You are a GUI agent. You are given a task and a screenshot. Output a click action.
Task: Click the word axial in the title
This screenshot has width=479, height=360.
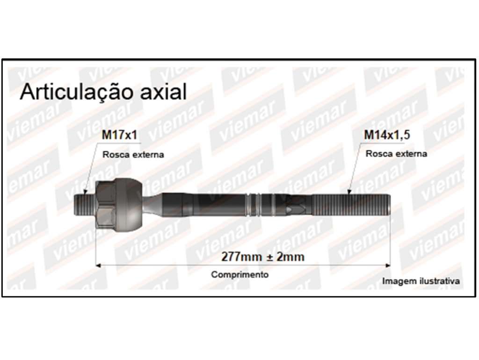tap(163, 92)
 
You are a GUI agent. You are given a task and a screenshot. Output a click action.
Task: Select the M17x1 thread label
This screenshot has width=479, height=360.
tap(119, 135)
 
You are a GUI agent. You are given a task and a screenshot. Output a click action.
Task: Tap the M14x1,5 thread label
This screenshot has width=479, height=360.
tap(387, 135)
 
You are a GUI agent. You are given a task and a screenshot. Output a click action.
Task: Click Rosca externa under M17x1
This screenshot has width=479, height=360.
tap(133, 154)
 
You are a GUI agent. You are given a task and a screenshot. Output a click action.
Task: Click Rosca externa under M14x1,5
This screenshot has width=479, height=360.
tap(396, 154)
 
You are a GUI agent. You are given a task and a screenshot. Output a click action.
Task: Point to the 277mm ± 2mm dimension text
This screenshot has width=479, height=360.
tap(263, 257)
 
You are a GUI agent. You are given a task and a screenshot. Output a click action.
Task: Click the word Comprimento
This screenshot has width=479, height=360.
tap(240, 274)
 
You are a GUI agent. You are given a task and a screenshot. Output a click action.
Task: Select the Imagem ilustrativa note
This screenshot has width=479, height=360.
tap(421, 281)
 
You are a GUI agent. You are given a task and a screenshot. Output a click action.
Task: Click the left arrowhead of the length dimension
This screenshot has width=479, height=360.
tap(98, 266)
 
